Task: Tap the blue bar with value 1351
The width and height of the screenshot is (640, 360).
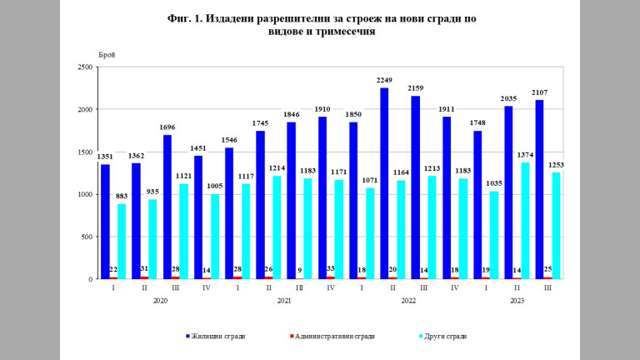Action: pos(105,222)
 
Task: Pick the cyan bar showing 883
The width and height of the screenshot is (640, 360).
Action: pos(121,242)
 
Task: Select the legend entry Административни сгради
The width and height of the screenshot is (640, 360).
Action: pos(333,337)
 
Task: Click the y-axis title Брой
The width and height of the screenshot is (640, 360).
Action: pos(107,55)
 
